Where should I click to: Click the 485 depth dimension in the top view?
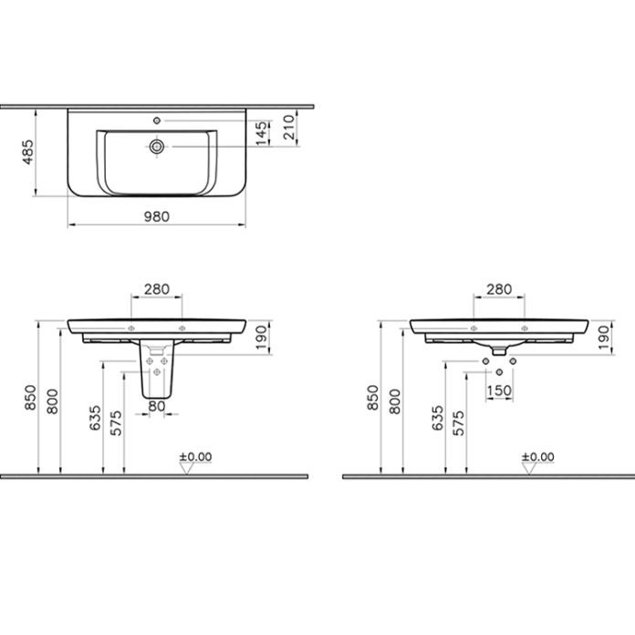28,151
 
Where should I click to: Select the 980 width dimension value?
158,216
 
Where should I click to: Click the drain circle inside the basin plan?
158,145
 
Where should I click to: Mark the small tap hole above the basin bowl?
158,120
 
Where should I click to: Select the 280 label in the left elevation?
158,289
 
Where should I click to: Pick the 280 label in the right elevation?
498,289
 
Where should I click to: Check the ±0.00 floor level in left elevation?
194,457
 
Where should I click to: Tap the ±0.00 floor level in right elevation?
536,457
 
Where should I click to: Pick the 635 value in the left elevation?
94,419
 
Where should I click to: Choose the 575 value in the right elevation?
458,422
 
